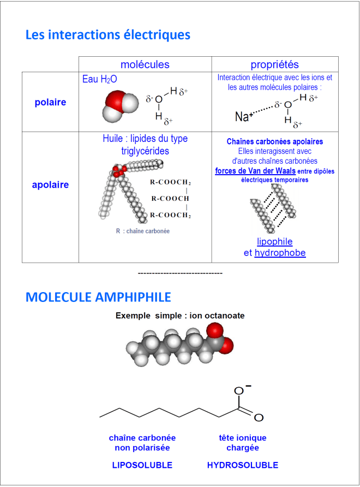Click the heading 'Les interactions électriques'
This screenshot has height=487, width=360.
coord(108,35)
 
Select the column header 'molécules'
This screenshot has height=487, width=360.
coord(145,64)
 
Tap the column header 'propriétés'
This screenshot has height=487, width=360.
coord(275,64)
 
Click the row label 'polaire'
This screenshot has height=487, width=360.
coord(50,102)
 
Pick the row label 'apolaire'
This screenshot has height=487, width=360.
coord(50,185)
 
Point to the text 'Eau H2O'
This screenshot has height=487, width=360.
coord(100,79)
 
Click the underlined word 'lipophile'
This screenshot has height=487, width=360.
coord(275,241)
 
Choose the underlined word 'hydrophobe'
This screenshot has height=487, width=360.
coord(280,253)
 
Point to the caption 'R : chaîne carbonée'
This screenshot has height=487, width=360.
coord(142,231)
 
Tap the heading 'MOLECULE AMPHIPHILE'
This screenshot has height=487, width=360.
coord(98,297)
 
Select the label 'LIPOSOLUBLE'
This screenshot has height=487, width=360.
coord(142,465)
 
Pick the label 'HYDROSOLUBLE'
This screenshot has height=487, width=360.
coord(243,465)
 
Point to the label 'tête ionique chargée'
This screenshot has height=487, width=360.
coord(243,443)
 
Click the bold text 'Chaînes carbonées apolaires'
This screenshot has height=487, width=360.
coord(275,141)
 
